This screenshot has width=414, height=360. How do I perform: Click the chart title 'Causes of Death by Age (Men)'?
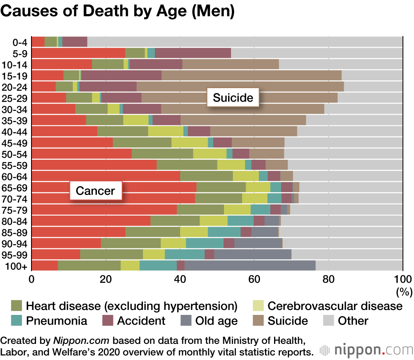coord(118,11)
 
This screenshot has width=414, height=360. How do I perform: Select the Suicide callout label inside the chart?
coord(233,98)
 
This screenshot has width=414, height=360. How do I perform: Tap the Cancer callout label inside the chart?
coord(95,191)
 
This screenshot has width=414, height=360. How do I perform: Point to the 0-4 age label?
coord(20,42)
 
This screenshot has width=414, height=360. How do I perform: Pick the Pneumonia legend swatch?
coord(17,321)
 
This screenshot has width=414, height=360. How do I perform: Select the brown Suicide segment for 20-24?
coord(240,86)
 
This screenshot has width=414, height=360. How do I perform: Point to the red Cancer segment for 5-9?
coord(78,53)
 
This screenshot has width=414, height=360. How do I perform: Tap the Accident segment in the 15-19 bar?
coord(121,75)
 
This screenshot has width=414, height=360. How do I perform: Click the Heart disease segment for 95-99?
coord(111,254)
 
